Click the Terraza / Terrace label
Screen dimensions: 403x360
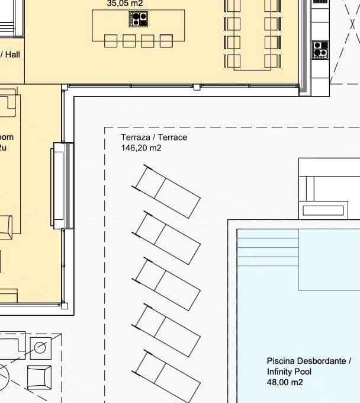[154, 137]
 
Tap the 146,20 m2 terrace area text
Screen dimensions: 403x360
[142, 148]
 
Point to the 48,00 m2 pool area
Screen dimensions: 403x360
[285, 383]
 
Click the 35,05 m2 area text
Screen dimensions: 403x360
[124, 3]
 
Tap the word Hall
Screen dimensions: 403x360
[12, 55]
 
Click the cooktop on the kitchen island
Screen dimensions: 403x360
[138, 20]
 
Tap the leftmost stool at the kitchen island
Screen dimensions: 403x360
[111, 41]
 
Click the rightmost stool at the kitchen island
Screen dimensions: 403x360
[166, 41]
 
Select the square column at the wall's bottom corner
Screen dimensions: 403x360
[65, 306]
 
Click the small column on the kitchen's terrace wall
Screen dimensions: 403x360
[197, 87]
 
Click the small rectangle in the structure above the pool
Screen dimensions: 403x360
[323, 210]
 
